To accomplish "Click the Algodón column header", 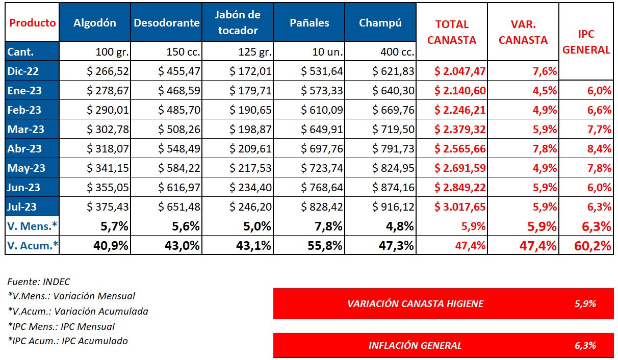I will (95, 23).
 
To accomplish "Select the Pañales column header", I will (309, 23).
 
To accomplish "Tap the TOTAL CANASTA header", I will (451, 32).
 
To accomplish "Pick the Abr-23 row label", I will (25, 149).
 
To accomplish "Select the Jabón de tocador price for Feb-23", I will (250, 110).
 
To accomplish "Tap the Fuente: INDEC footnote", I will (39, 281).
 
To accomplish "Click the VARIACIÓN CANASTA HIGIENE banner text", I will (415, 304).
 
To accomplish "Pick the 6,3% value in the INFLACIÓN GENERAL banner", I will (585, 346).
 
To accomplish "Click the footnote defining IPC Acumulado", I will (68, 341).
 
